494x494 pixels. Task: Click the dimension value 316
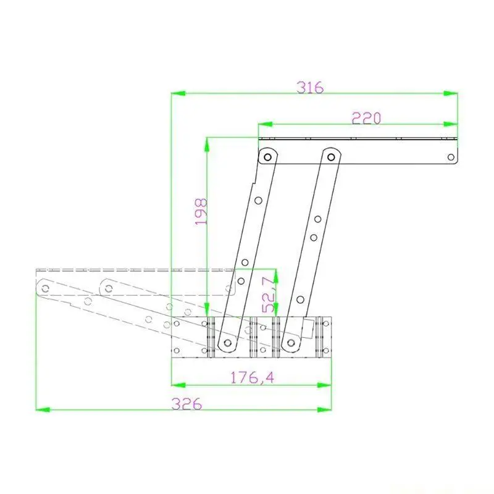[310, 88]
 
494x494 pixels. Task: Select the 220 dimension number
[366, 118]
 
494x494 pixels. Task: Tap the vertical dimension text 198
[201, 211]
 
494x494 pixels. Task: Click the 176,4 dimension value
[252, 377]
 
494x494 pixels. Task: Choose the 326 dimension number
[186, 404]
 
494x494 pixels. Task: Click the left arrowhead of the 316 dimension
[178, 93]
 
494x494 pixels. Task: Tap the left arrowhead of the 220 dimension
[266, 124]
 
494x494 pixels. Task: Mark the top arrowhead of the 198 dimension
[207, 144]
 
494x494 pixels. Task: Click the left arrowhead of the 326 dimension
[43, 409]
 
